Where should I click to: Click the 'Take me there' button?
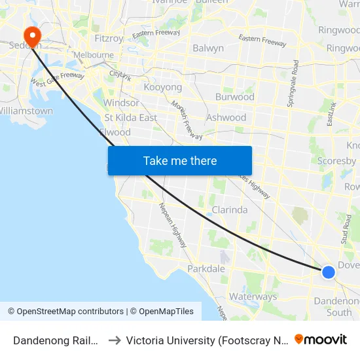pyautogui.click(x=180, y=160)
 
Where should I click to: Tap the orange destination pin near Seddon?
pyautogui.click(x=31, y=36)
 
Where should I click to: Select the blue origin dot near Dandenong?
pyautogui.click(x=329, y=272)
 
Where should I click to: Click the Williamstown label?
pyautogui.click(x=26, y=111)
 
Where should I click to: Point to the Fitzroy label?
pyautogui.click(x=109, y=39)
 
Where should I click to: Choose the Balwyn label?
pyautogui.click(x=208, y=48)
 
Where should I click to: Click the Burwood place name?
pyautogui.click(x=234, y=97)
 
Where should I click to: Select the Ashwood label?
pyautogui.click(x=226, y=118)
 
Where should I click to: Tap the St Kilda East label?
pyautogui.click(x=131, y=118)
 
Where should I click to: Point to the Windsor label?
pyautogui.click(x=121, y=103)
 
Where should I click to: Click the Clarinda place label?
pyautogui.click(x=229, y=210)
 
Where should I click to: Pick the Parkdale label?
pyautogui.click(x=206, y=269)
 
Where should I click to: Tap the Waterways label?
pyautogui.click(x=253, y=297)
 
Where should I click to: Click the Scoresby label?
pyautogui.click(x=336, y=161)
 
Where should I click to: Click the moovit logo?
pyautogui.click(x=321, y=340)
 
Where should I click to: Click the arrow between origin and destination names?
pyautogui.click(x=114, y=340)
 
